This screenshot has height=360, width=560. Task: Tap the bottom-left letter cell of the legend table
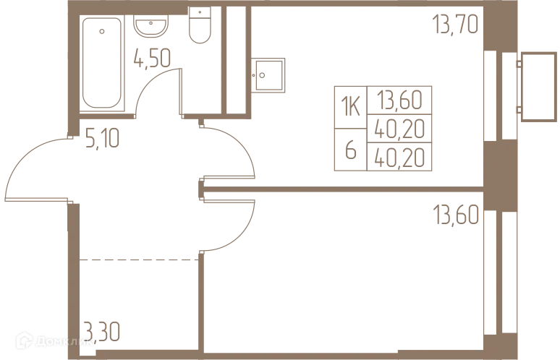tap(352, 152)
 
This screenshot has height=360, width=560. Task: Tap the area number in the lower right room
tap(456, 214)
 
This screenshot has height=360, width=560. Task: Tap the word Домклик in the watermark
tap(64, 341)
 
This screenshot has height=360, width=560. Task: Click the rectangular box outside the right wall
tap(538, 85)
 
